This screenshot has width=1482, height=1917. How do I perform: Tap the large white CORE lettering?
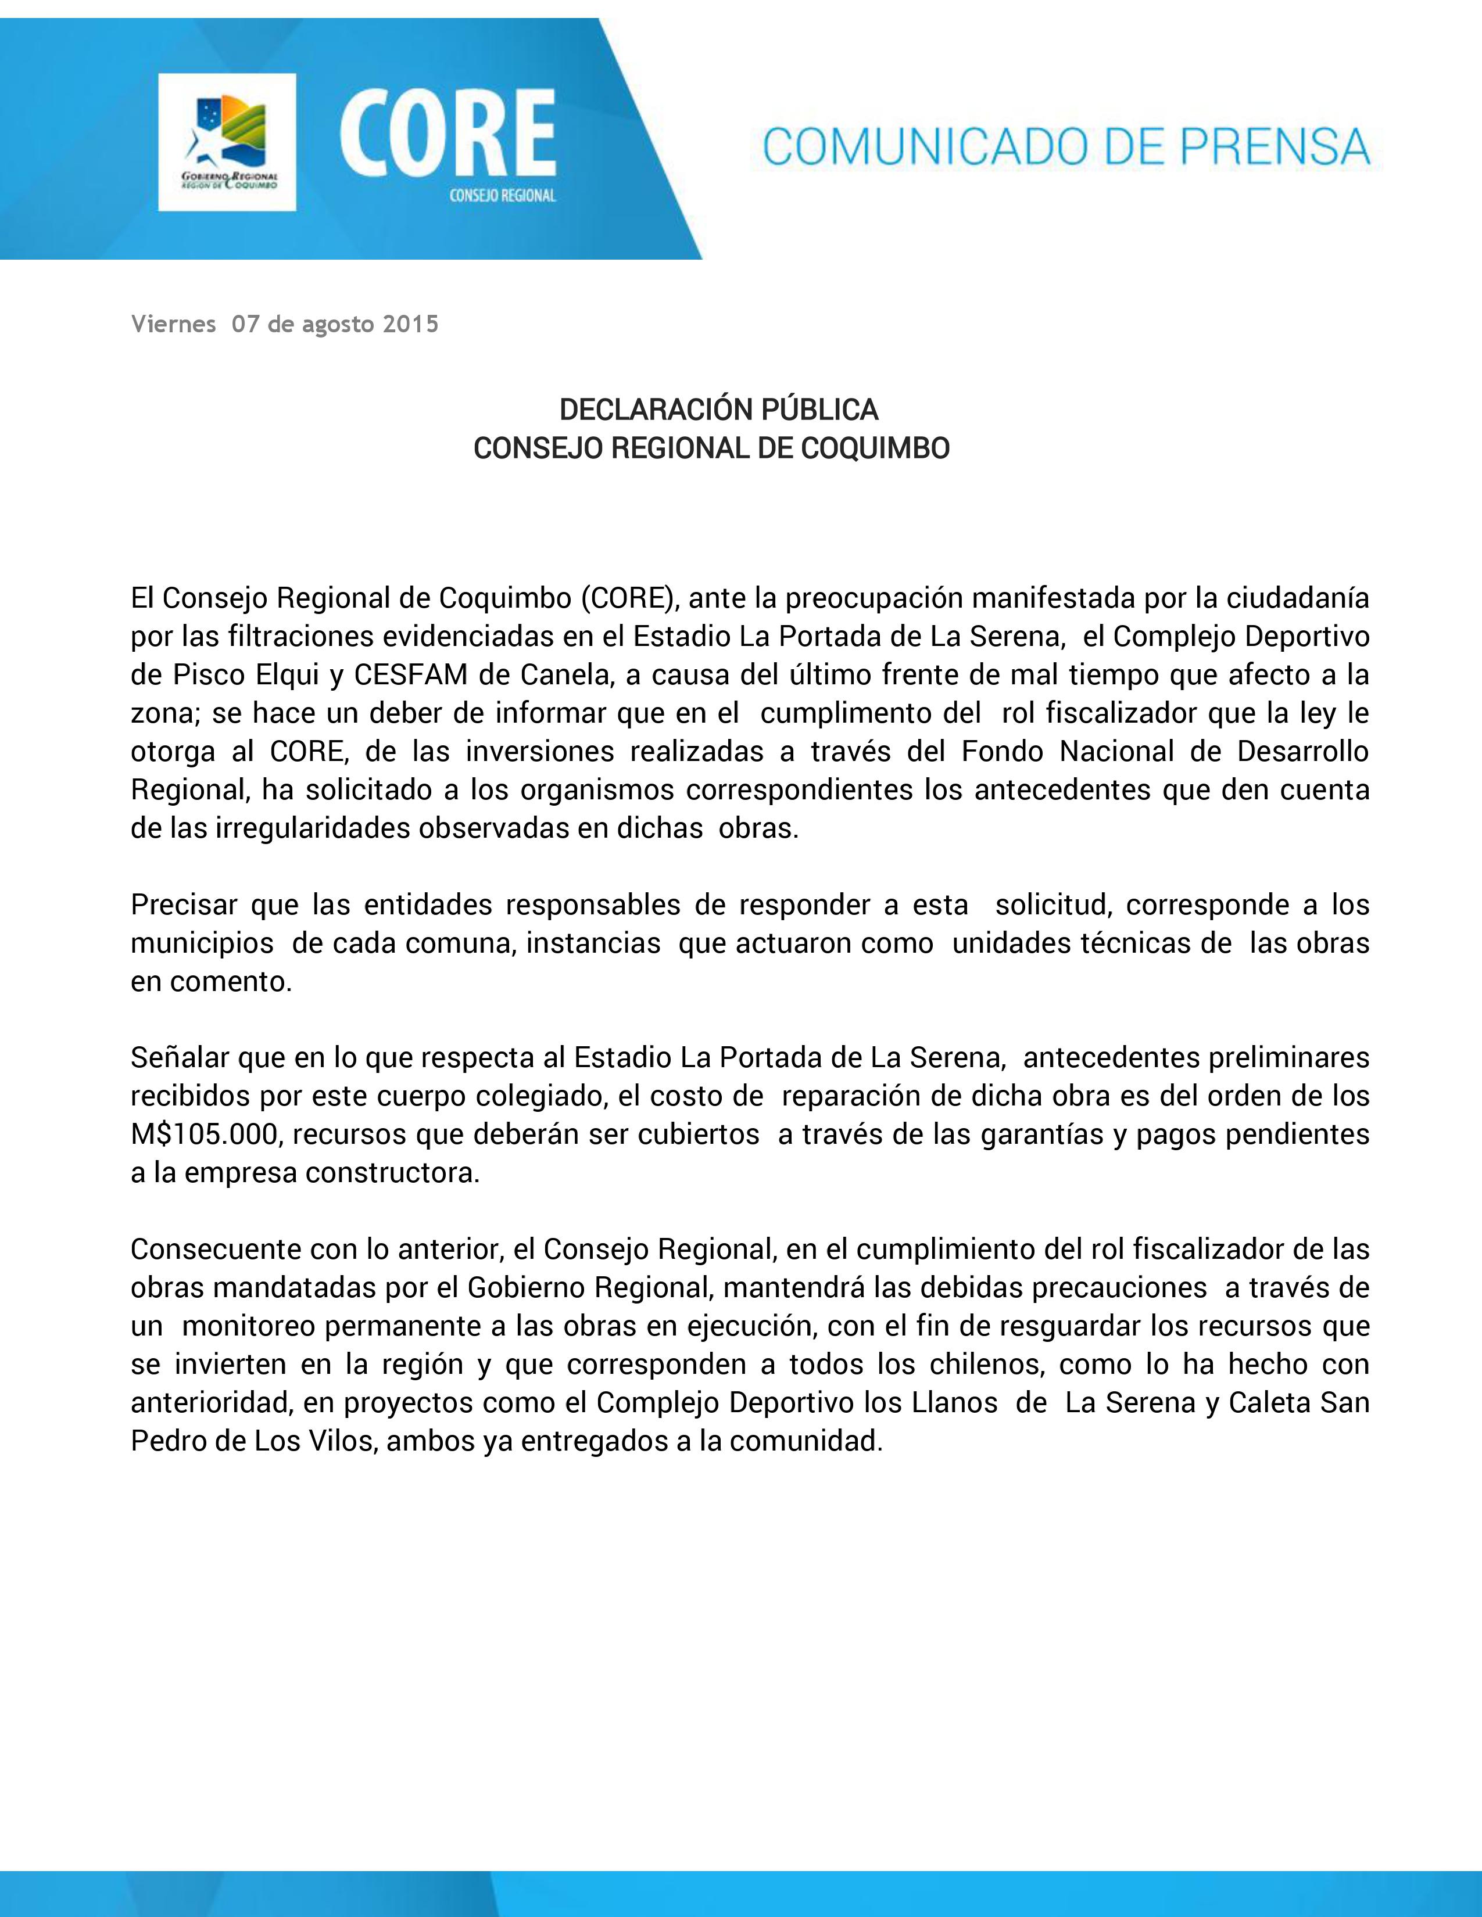click(x=447, y=136)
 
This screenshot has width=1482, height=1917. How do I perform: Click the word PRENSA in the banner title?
click(x=1275, y=146)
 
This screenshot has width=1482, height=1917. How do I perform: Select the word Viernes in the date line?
click(x=173, y=325)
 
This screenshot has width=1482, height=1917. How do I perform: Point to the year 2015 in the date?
click(x=411, y=325)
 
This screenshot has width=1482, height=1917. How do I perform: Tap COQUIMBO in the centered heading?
click(x=875, y=448)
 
